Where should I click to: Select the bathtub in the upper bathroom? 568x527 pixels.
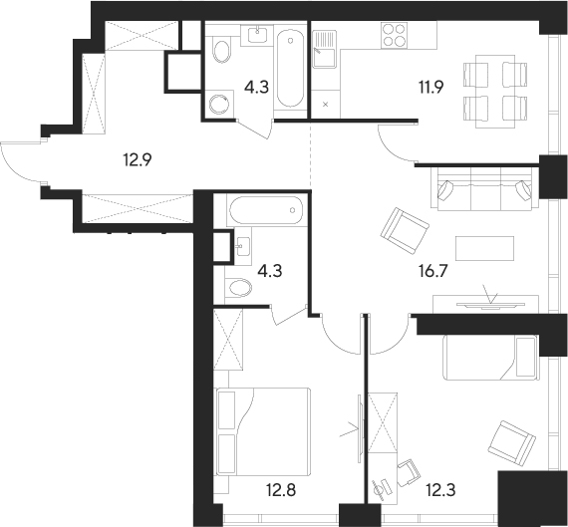click(292, 69)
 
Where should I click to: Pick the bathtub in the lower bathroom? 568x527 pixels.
click(264, 211)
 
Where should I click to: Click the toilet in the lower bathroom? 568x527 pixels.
click(239, 288)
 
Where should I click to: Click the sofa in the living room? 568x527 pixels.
click(483, 189)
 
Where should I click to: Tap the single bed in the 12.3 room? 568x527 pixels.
click(488, 356)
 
